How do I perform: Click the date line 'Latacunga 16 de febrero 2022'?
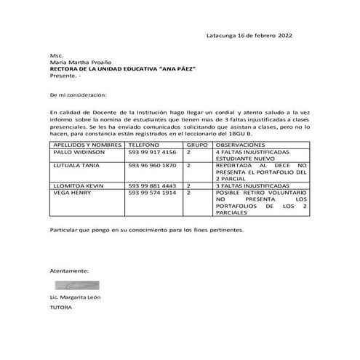pyautogui.click(x=249, y=36)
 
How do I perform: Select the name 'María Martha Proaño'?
pyautogui.click(x=79, y=63)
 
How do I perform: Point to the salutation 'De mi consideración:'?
pyautogui.click(x=78, y=95)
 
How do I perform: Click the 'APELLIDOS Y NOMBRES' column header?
pyautogui.click(x=86, y=145)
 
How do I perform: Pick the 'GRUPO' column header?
pyautogui.click(x=194, y=145)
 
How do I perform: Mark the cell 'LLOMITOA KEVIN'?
pyautogui.click(x=78, y=186)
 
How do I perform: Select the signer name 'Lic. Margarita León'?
pyautogui.click(x=76, y=298)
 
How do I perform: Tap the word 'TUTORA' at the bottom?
pyautogui.click(x=60, y=308)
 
